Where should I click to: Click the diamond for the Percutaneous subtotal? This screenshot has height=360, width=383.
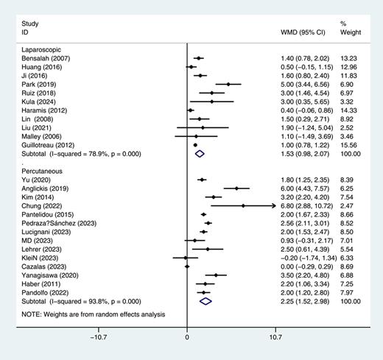click(205, 300)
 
